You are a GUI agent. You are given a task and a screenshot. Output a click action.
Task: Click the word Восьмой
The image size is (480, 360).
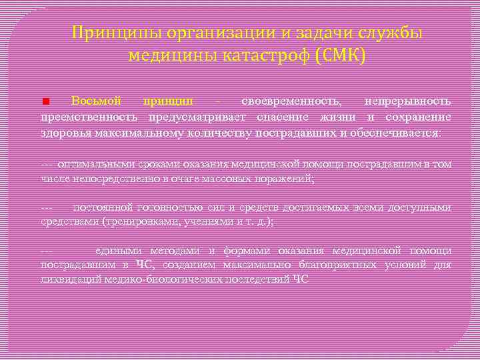[96, 101]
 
